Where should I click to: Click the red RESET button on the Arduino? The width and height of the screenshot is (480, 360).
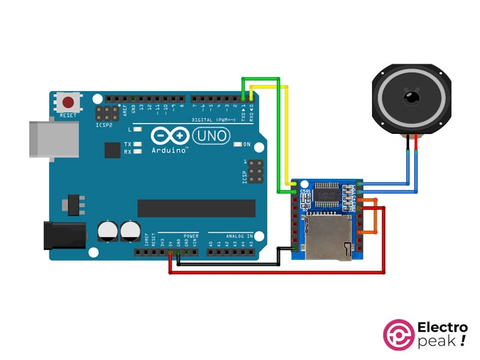(x=69, y=101)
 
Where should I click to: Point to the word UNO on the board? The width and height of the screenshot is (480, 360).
(x=212, y=136)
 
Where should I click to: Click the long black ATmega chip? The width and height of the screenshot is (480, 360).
(x=191, y=208)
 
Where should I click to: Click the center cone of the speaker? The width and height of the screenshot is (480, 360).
(x=412, y=95)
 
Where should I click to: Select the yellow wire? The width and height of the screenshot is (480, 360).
(x=286, y=138)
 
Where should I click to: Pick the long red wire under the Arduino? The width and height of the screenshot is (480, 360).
(x=276, y=272)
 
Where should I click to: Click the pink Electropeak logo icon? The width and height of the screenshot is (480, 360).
(x=398, y=335)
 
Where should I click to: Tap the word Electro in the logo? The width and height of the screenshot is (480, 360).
(x=442, y=328)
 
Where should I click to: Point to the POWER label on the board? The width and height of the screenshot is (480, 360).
(x=191, y=236)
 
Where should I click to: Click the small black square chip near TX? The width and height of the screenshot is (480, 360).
(x=112, y=149)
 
